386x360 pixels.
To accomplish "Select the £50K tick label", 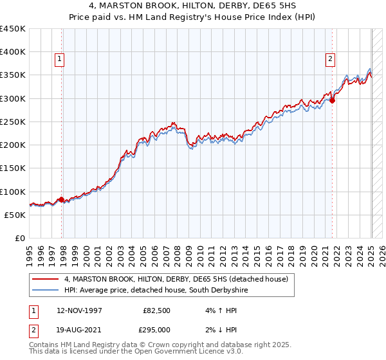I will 15,215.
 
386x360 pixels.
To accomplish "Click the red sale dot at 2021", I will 333,100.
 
